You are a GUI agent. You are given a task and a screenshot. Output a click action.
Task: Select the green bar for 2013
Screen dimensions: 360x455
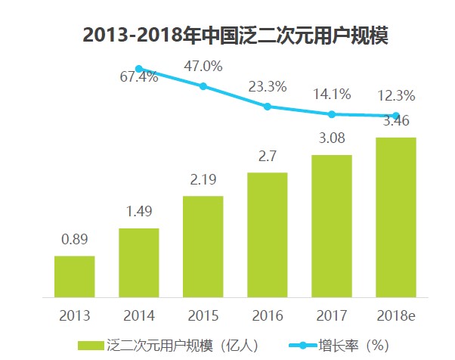pyautogui.click(x=75, y=277)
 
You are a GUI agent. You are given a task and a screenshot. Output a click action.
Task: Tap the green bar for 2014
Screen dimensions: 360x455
pyautogui.click(x=139, y=262)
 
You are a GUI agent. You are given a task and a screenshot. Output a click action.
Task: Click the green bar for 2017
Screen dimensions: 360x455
pyautogui.click(x=332, y=226)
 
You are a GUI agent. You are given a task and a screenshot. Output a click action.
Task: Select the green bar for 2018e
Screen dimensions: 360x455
pyautogui.click(x=396, y=217)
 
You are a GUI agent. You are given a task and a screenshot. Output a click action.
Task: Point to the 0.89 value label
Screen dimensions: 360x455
pyautogui.click(x=75, y=241)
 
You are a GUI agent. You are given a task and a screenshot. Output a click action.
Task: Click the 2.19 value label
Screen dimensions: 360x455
pyautogui.click(x=203, y=182)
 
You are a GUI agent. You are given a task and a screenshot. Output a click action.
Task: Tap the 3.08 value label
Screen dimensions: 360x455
pyautogui.click(x=332, y=140)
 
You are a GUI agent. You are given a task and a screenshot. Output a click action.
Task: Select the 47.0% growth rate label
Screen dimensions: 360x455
pyautogui.click(x=203, y=66)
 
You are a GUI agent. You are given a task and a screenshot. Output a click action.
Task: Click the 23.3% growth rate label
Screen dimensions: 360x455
pyautogui.click(x=268, y=86)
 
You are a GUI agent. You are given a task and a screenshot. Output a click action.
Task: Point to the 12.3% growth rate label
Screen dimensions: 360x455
pyautogui.click(x=396, y=96)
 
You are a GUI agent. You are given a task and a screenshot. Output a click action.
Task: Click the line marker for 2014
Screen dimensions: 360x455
pyautogui.click(x=139, y=68)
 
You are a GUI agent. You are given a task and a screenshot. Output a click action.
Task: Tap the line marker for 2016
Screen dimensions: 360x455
pyautogui.click(x=268, y=107)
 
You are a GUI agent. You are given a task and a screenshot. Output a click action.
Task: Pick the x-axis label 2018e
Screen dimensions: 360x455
pyautogui.click(x=396, y=315)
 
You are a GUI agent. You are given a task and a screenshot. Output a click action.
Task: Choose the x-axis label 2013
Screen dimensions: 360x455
pyautogui.click(x=75, y=315)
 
